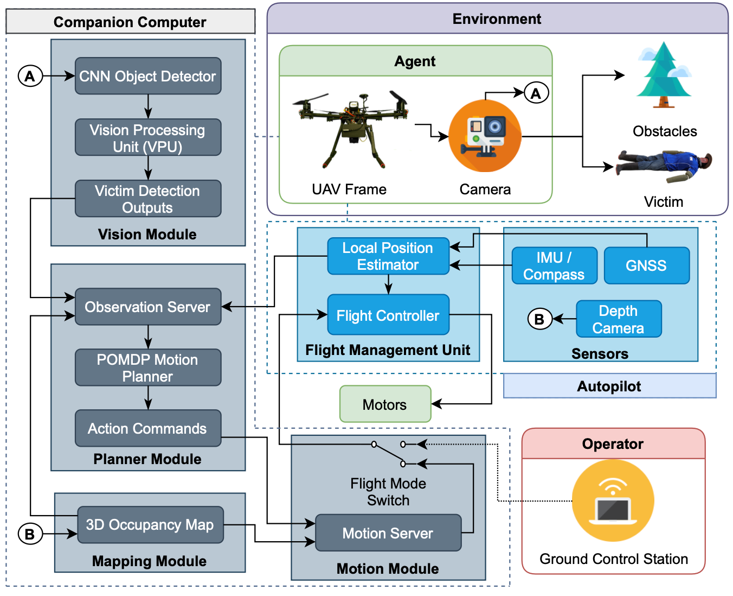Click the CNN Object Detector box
(x=147, y=76)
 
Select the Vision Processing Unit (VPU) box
(x=147, y=138)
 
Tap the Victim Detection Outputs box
(x=147, y=199)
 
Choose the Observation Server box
(x=147, y=307)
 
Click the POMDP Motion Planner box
(x=147, y=367)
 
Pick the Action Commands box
(x=147, y=428)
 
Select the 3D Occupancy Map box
(x=150, y=524)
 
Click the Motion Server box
(x=388, y=533)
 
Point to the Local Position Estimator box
(x=388, y=256)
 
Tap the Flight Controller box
(x=388, y=315)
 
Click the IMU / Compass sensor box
(x=554, y=265)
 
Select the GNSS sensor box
(x=646, y=265)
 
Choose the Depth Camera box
(x=618, y=319)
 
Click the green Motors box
(x=385, y=404)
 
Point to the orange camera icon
(x=485, y=136)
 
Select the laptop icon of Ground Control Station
(x=613, y=500)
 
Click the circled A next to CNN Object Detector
(x=30, y=76)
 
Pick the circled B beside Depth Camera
(x=539, y=319)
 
